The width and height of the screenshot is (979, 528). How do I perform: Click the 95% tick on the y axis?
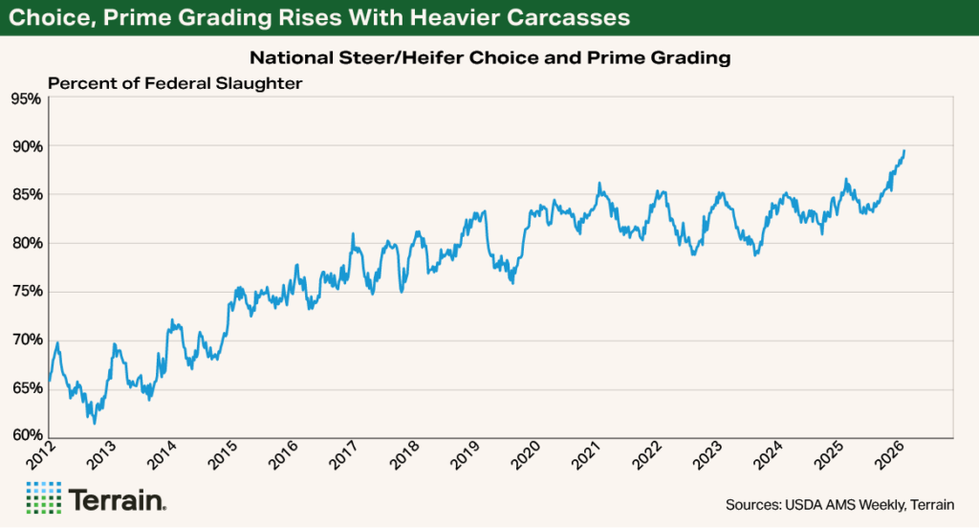coord(24,99)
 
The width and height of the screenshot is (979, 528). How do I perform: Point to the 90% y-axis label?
coord(24,146)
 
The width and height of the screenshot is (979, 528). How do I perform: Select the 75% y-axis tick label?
coord(24,292)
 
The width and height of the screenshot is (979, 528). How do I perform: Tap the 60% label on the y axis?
coord(24,436)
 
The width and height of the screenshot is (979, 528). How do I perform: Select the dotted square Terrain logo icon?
coord(42,498)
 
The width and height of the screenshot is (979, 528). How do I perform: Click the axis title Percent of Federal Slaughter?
coord(175,83)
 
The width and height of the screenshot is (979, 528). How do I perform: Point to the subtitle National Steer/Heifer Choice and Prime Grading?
coord(489,58)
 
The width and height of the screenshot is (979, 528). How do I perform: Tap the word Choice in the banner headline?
coord(54,17)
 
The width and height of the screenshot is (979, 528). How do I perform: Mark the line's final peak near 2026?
coord(905,150)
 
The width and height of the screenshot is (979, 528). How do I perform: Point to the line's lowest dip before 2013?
coord(94,422)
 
